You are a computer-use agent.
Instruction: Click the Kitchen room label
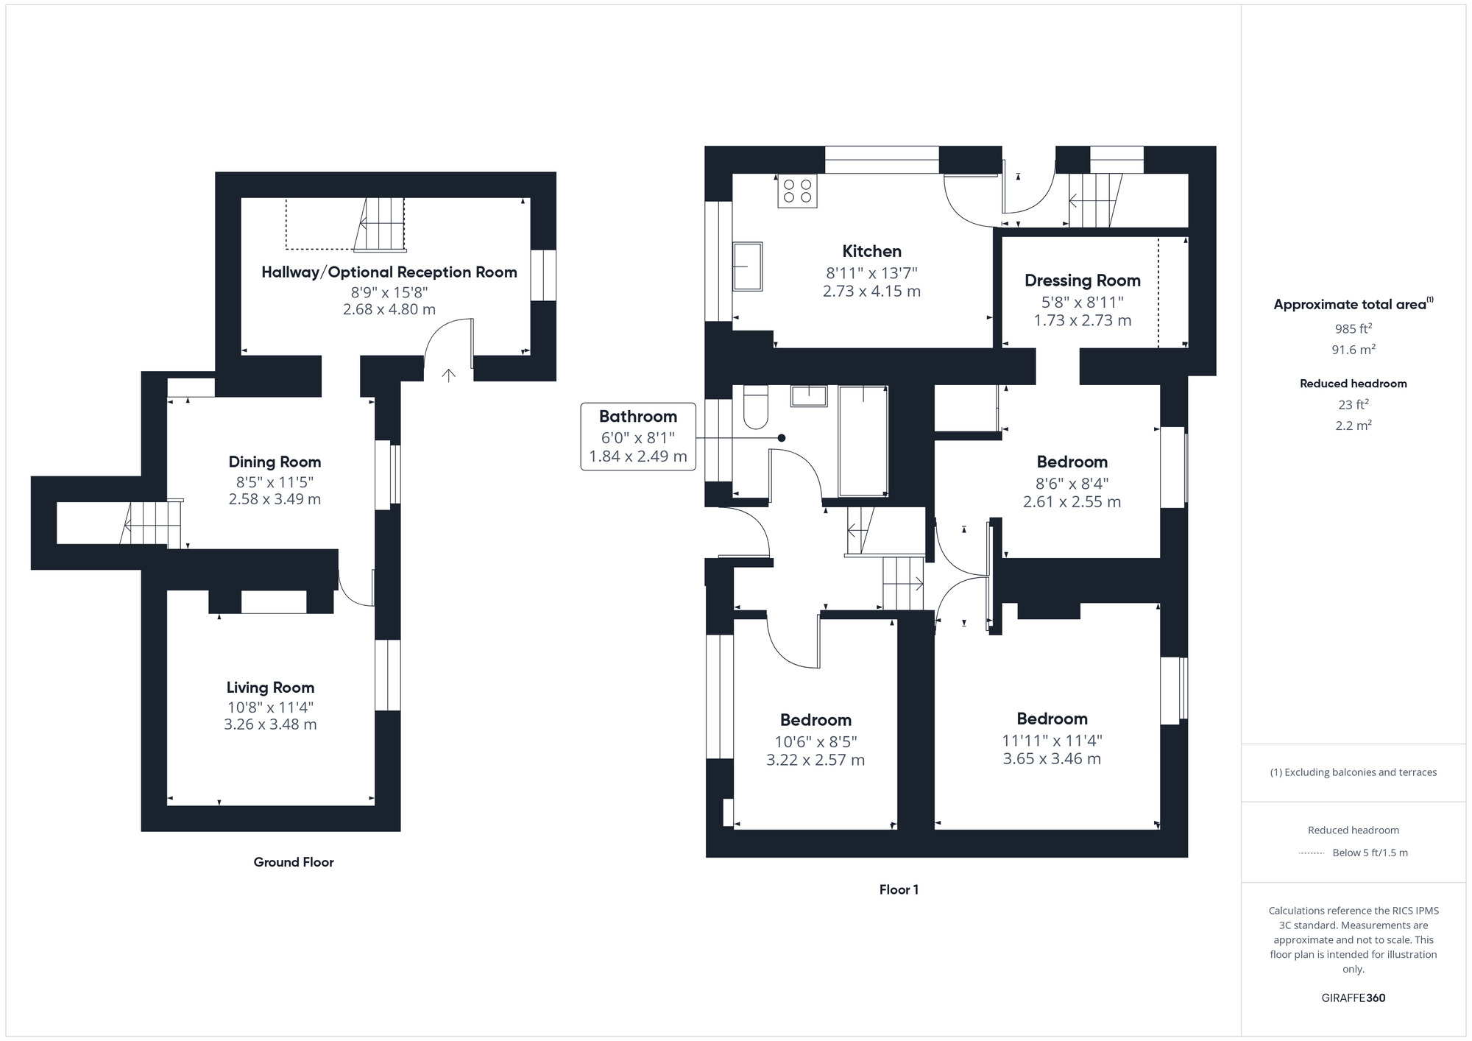871,251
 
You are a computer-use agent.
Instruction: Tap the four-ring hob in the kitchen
797,191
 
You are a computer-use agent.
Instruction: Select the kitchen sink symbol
747,267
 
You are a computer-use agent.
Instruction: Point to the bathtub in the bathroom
863,440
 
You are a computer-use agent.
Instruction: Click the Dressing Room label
1082,280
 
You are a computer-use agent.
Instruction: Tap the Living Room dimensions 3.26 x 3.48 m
270,724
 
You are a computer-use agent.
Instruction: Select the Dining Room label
275,462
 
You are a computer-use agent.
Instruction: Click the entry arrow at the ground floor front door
448,375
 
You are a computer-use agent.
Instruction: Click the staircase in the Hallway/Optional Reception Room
381,224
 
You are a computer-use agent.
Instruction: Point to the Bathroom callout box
637,436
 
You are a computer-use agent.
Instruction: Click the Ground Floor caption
294,862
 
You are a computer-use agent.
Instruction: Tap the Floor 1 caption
899,889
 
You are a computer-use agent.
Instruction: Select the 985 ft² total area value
1353,329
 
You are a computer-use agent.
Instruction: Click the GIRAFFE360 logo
1353,998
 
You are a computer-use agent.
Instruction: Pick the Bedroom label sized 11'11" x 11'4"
1052,719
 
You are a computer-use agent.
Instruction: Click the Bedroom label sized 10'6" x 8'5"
815,720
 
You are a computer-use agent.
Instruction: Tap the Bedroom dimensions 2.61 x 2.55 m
1072,502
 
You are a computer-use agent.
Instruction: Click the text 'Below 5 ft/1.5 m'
1370,853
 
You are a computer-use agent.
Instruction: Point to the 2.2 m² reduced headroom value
1353,426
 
